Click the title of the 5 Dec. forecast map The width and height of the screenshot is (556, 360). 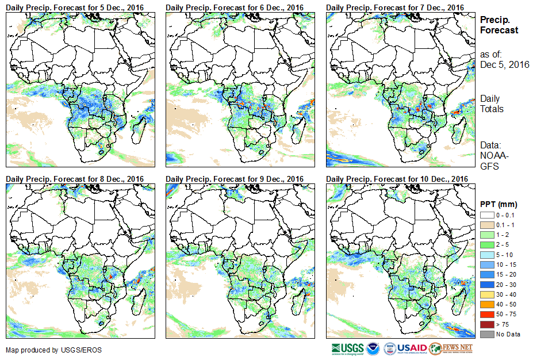click(x=74, y=7)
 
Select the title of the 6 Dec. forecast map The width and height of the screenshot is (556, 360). click(x=235, y=7)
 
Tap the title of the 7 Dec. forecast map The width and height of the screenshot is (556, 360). click(x=394, y=7)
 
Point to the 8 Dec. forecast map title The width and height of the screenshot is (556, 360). click(x=74, y=179)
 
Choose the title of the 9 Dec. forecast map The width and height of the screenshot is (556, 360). click(x=235, y=179)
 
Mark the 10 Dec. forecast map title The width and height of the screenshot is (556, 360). click(x=397, y=179)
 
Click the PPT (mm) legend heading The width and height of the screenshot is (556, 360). click(x=499, y=204)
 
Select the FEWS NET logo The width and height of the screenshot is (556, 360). click(x=451, y=348)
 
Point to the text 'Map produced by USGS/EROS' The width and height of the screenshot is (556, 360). click(x=45, y=350)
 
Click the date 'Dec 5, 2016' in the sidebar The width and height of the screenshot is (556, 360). click(x=505, y=64)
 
